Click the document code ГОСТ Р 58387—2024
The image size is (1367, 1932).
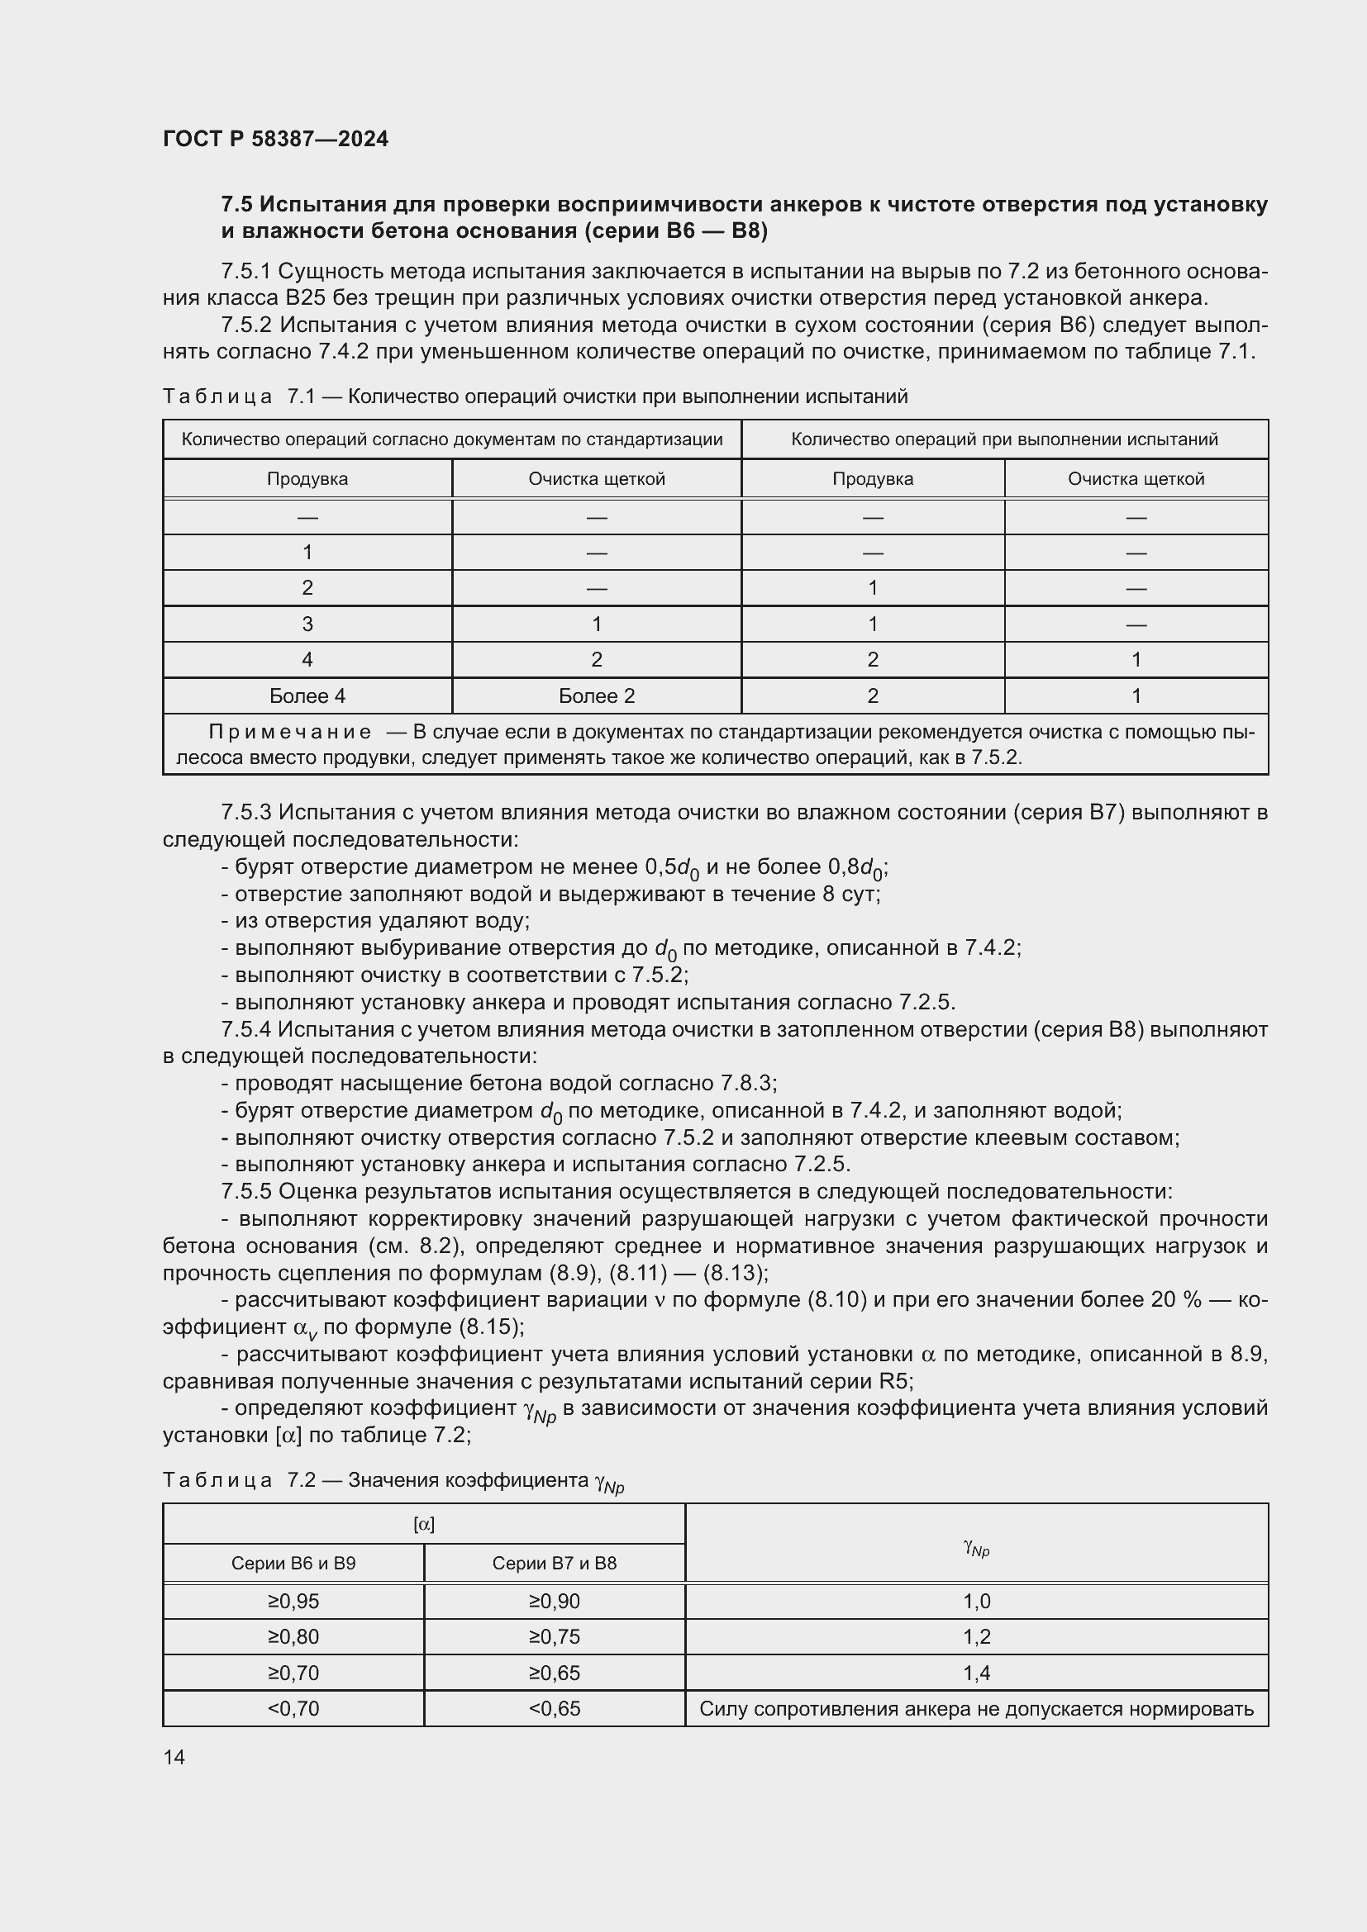tap(275, 139)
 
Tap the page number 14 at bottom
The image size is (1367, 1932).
tap(174, 1757)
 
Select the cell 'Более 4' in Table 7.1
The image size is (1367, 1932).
tap(307, 695)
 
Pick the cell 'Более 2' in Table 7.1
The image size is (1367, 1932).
tap(597, 695)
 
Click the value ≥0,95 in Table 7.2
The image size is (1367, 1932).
tap(293, 1602)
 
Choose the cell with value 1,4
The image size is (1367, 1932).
tap(976, 1673)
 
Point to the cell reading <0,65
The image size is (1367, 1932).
tap(554, 1708)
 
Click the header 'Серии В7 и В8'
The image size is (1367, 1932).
tap(554, 1564)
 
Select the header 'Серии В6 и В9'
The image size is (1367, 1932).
tap(293, 1564)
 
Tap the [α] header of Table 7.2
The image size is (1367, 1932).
tap(424, 1525)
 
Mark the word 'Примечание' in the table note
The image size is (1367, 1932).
tap(289, 732)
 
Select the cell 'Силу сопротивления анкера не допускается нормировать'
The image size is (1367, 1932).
tap(976, 1708)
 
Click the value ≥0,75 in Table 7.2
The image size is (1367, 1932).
tap(554, 1636)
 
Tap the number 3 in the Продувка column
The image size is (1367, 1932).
tap(307, 624)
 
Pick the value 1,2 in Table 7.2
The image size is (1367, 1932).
tap(976, 1636)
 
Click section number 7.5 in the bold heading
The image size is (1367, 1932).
tap(237, 205)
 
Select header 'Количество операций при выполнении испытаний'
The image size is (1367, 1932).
tap(1004, 439)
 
